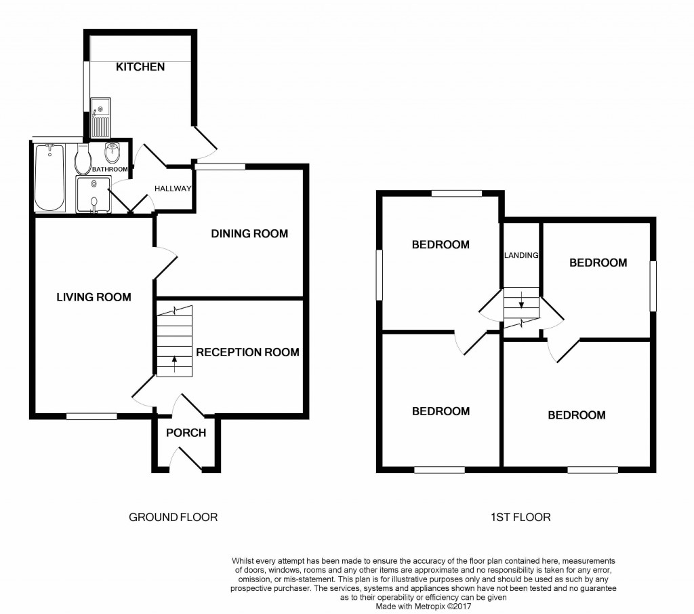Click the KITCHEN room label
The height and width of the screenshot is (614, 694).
pyautogui.click(x=140, y=67)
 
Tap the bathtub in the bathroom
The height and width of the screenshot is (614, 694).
pyautogui.click(x=50, y=177)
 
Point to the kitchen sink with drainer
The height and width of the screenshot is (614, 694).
pyautogui.click(x=100, y=118)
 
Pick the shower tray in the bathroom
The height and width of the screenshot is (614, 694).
pyautogui.click(x=93, y=193)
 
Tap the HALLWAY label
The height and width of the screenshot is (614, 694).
pyautogui.click(x=173, y=189)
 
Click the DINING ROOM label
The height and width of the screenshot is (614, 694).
pyautogui.click(x=249, y=233)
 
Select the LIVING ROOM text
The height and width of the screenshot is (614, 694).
pyautogui.click(x=94, y=297)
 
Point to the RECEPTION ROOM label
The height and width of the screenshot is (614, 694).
pyautogui.click(x=248, y=352)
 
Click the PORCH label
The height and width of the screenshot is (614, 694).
pyautogui.click(x=186, y=433)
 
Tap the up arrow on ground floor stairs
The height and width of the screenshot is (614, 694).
pyautogui.click(x=174, y=364)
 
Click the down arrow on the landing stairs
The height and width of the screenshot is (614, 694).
pyautogui.click(x=521, y=300)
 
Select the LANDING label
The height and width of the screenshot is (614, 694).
pyautogui.click(x=521, y=255)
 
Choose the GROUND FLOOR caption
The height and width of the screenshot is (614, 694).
pyautogui.click(x=173, y=517)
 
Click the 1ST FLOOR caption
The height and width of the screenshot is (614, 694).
pyautogui.click(x=520, y=517)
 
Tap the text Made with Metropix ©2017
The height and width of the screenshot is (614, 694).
pyautogui.click(x=424, y=607)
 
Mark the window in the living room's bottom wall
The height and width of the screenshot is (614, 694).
pyautogui.click(x=91, y=417)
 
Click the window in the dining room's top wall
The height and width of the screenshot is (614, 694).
pyautogui.click(x=220, y=167)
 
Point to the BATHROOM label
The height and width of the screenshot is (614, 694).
pyautogui.click(x=110, y=169)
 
